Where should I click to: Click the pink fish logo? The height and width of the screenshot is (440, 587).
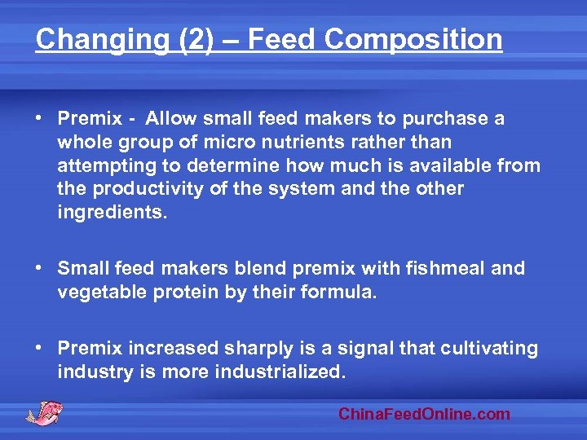[44, 412]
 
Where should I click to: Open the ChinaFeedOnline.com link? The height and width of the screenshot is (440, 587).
[424, 414]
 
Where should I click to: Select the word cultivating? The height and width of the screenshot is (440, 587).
[489, 349]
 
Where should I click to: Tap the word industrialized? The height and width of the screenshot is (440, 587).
[280, 372]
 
